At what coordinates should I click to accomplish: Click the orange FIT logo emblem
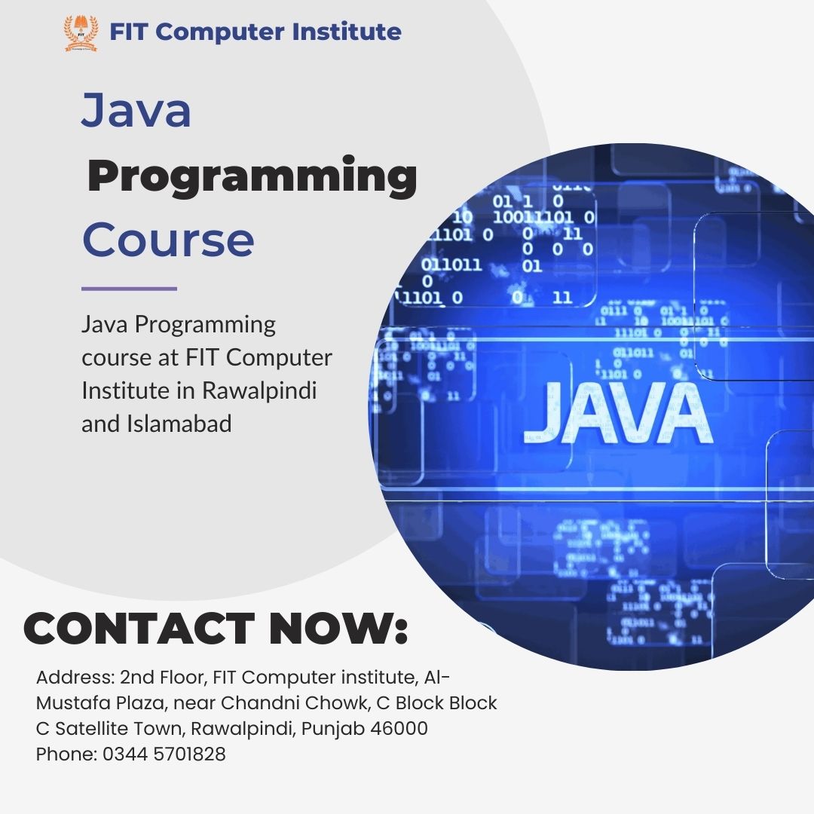pos(81,33)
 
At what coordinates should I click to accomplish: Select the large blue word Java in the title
pos(136,110)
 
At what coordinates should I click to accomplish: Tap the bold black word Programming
pos(252,176)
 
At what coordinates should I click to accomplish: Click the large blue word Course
pos(168,240)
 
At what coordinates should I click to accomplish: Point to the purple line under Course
pos(129,288)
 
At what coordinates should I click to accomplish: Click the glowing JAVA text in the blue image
pos(617,414)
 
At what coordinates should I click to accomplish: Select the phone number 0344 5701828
pos(164,754)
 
